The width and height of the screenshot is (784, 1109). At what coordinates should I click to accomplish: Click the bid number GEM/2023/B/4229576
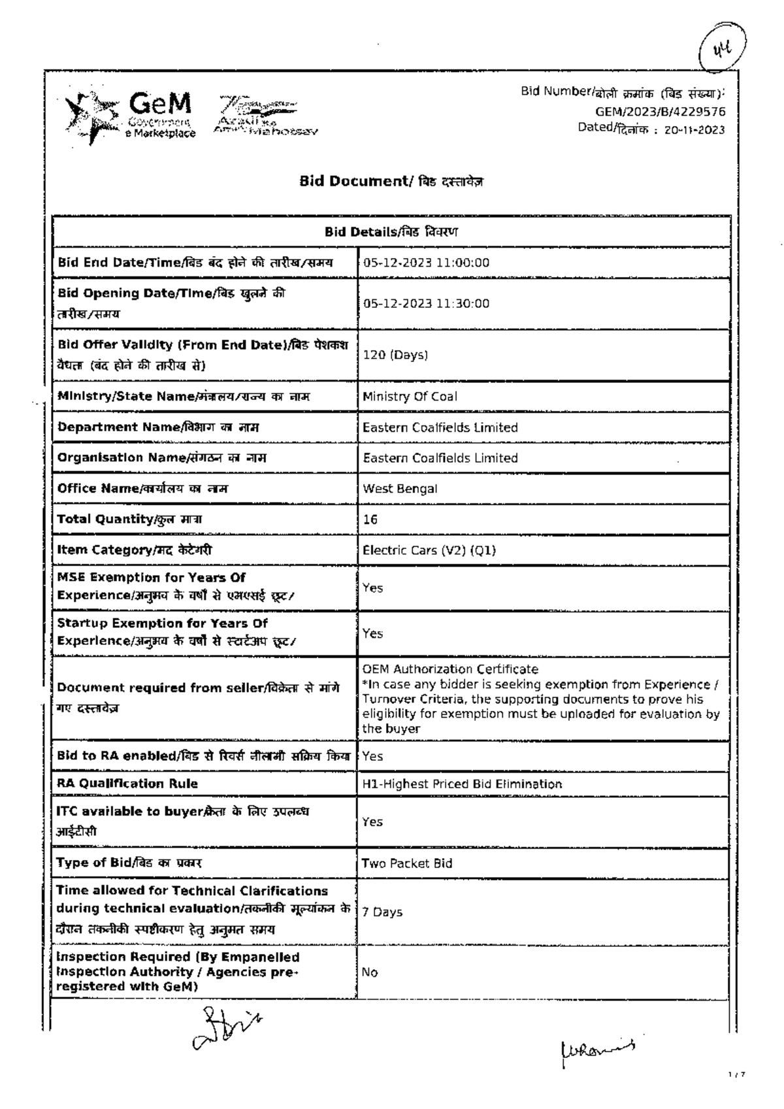pos(660,112)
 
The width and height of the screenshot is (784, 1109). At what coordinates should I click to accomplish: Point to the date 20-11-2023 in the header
pos(694,129)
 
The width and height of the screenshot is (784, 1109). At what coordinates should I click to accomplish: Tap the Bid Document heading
pos(391,181)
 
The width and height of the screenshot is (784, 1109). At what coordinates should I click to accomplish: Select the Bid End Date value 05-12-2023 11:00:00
pos(426,263)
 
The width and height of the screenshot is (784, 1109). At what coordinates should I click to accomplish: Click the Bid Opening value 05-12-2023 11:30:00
pos(426,303)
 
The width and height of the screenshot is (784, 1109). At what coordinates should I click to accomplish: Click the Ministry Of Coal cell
pos(410,397)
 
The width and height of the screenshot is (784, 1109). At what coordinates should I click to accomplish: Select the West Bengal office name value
pos(400,489)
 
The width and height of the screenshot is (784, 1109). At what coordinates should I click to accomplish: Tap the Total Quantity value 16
pos(370,520)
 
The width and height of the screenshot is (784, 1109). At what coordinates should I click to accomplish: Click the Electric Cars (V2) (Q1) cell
pos(429,550)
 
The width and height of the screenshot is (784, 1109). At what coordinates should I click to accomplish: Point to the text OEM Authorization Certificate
pos(450,669)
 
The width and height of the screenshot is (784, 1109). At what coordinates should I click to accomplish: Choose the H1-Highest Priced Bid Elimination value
pos(462,784)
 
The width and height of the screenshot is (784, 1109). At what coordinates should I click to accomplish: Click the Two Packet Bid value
pos(406,863)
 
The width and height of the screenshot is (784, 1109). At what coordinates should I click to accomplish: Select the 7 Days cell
pos(382,912)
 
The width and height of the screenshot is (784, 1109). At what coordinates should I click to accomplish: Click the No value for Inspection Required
pos(370,972)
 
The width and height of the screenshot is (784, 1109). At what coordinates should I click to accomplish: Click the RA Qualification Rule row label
pos(127,784)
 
